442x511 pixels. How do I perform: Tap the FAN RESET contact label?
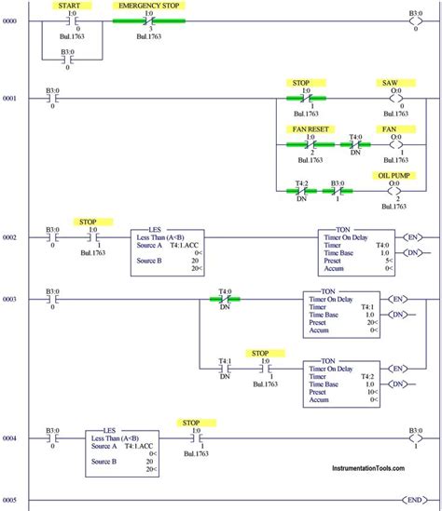click(311, 130)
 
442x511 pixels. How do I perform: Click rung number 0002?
click(9, 237)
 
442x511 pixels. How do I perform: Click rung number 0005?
click(9, 501)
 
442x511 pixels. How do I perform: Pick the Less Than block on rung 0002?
click(168, 249)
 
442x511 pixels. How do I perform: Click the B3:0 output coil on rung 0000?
click(415, 20)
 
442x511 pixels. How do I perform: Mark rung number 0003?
click(9, 299)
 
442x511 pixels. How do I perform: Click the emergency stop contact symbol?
click(149, 20)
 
